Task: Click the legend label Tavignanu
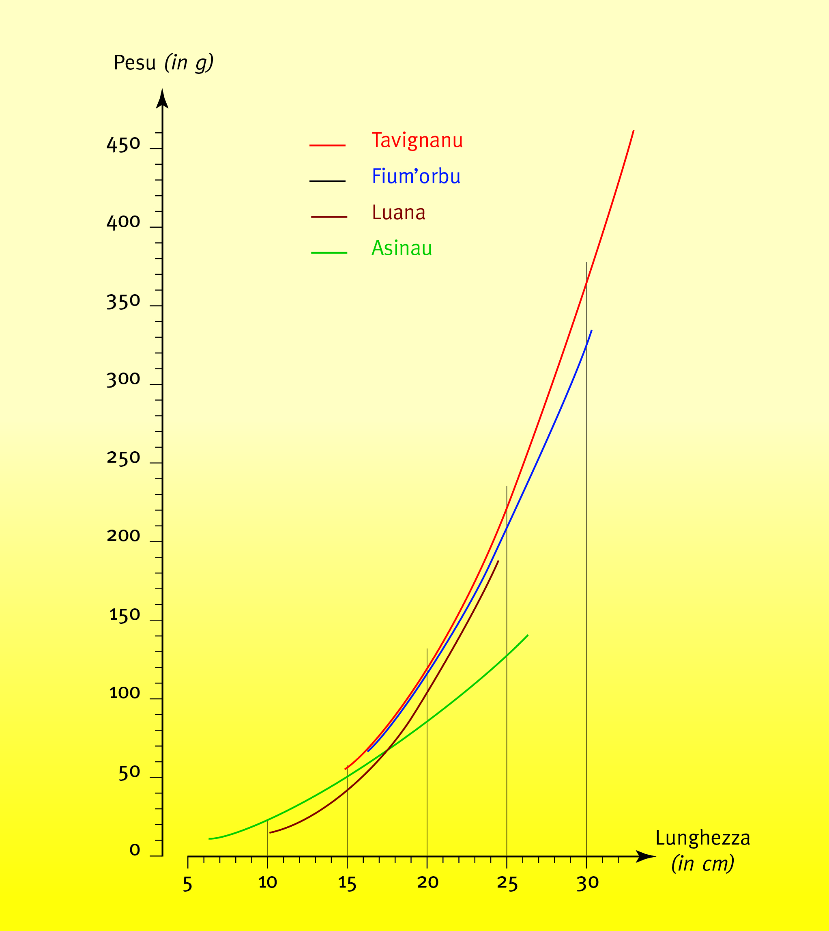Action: click(417, 140)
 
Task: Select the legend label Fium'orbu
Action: click(416, 177)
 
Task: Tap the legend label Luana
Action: click(399, 212)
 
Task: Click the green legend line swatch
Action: click(329, 252)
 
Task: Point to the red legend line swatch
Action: click(327, 145)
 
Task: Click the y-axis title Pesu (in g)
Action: click(163, 63)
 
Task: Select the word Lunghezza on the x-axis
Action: click(702, 838)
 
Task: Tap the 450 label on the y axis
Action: click(123, 144)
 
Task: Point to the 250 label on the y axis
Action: click(123, 458)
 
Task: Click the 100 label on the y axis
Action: click(125, 693)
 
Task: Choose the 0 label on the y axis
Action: click(134, 850)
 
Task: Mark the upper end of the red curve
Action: click(633, 131)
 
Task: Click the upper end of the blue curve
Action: click(591, 331)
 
